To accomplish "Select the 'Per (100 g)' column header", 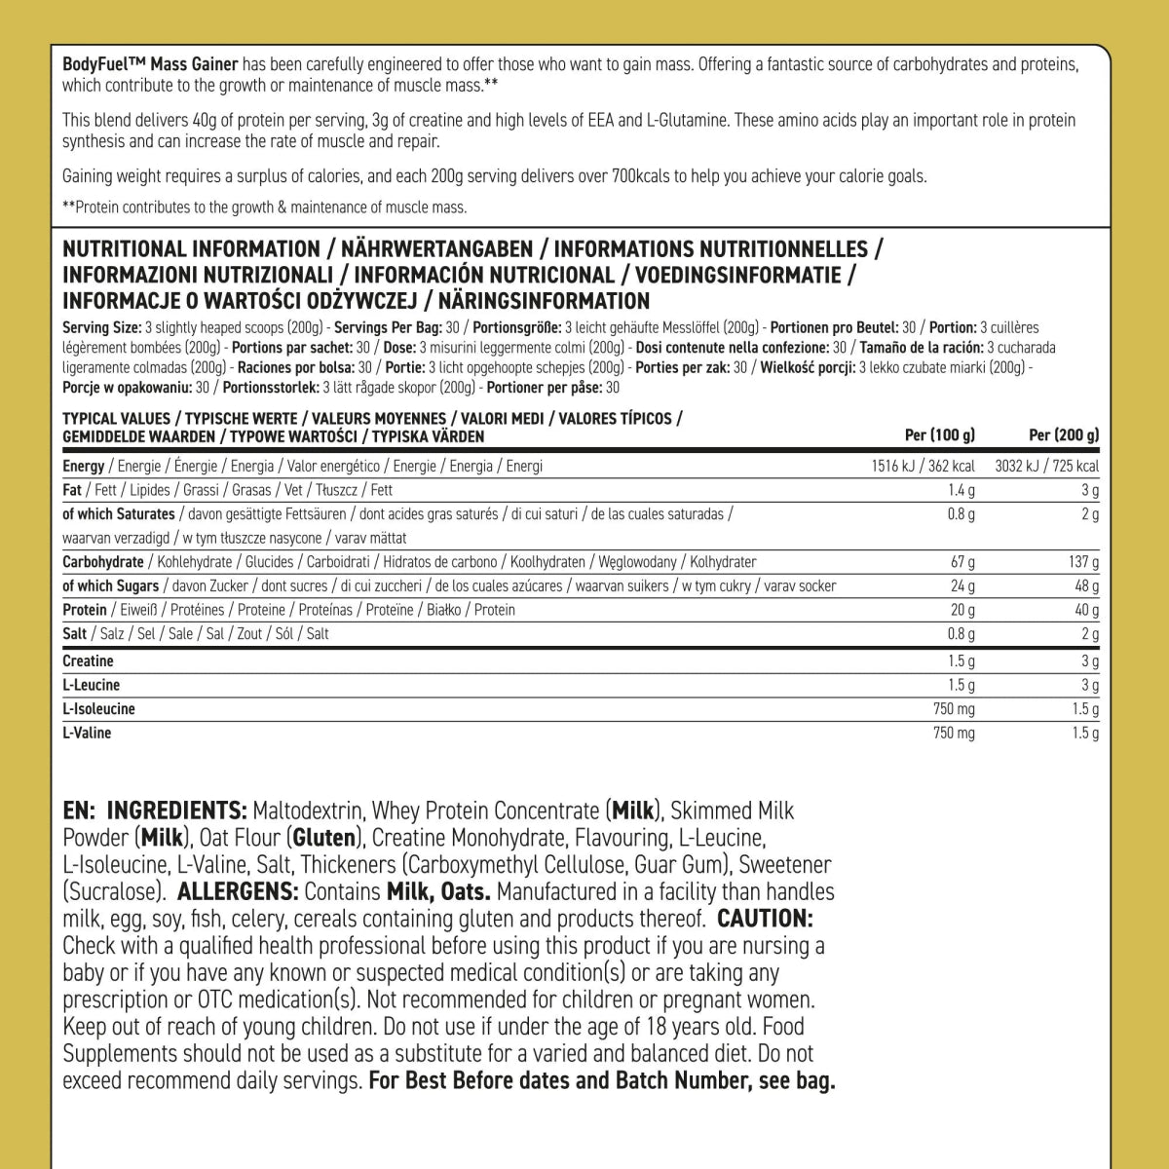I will [939, 435].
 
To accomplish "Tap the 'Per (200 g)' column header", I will [1064, 435].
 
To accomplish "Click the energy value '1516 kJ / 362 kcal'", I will [923, 466].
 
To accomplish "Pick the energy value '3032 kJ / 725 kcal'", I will [1046, 466].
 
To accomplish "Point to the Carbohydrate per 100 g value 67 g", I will [962, 562].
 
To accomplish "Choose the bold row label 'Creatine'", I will [88, 661].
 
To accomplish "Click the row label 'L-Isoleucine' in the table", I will [98, 709].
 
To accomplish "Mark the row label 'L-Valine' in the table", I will [87, 733].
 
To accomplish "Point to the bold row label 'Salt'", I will [74, 634].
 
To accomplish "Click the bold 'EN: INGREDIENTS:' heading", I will [154, 811].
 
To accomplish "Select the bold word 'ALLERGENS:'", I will [238, 891].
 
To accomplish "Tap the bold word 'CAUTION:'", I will [765, 919].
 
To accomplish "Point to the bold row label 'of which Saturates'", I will [119, 513].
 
